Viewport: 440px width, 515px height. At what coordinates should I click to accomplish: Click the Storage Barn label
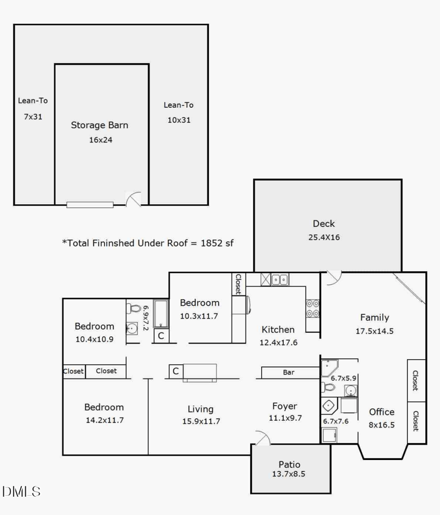100,125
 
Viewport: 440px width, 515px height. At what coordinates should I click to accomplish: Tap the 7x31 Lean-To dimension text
33,117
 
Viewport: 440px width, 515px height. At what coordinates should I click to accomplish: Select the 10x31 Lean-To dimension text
178,119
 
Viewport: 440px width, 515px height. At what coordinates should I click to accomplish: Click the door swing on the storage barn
134,199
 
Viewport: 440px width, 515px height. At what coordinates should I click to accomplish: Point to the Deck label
323,223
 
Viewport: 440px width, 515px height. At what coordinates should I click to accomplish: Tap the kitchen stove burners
313,308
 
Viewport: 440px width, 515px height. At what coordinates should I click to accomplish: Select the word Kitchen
278,330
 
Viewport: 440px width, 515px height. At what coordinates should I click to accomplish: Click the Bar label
289,372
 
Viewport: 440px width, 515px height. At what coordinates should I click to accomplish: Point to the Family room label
375,317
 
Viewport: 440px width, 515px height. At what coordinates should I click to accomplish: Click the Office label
382,412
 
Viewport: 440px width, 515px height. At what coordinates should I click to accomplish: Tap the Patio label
289,464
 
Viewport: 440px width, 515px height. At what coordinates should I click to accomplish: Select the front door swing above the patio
262,437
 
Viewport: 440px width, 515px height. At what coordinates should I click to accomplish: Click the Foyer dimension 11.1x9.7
284,418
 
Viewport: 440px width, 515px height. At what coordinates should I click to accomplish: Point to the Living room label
200,409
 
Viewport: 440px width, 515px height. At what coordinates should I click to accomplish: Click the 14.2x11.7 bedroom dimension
104,420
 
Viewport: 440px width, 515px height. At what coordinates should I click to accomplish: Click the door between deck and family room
333,278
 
